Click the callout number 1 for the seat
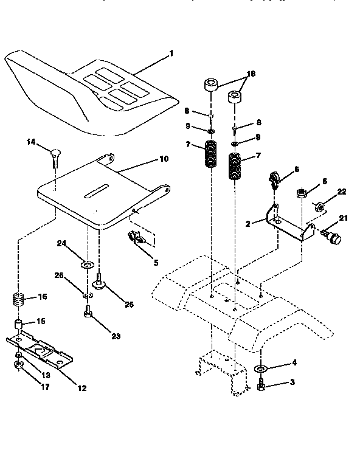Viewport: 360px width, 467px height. [x=171, y=54]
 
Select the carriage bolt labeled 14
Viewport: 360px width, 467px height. [x=55, y=156]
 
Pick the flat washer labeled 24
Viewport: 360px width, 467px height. [x=87, y=264]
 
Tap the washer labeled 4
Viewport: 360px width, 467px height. [x=260, y=369]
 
